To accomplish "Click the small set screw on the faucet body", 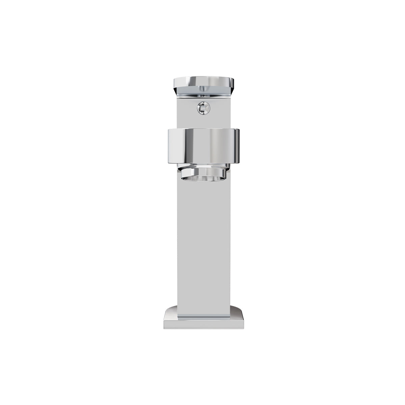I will point(204,108).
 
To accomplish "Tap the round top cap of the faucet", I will point(204,82).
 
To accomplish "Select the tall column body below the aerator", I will point(204,243).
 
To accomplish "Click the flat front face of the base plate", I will point(204,324).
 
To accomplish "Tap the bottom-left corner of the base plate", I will point(165,328).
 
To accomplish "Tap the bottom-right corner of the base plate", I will point(243,328).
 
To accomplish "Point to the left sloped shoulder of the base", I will point(170,311).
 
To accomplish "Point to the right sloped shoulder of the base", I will point(237,311).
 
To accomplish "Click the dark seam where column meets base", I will point(204,317).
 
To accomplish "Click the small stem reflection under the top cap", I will point(204,89).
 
